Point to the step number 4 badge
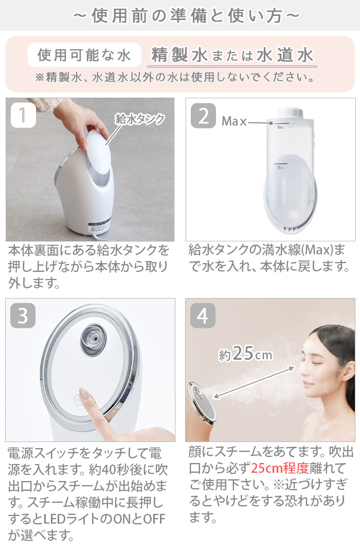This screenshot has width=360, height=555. click(x=203, y=316)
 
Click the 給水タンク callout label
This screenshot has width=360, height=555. click(x=140, y=119)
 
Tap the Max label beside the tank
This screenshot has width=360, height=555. click(x=233, y=122)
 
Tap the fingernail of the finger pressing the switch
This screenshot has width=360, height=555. click(x=84, y=395)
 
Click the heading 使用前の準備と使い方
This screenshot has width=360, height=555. click(x=180, y=16)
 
